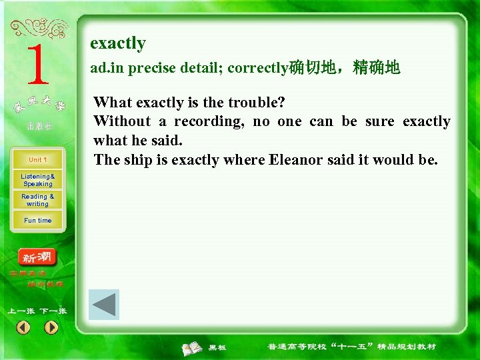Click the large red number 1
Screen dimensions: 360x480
coord(37,65)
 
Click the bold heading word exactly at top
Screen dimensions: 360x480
coord(118,43)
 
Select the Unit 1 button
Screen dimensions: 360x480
coord(37,160)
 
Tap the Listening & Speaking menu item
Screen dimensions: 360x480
coord(37,180)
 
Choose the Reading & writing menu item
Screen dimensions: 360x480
coord(37,200)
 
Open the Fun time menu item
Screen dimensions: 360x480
coord(37,221)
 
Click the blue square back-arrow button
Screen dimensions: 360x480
coord(104,305)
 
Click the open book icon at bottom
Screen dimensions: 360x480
coord(193,347)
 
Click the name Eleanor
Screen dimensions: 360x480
coord(295,160)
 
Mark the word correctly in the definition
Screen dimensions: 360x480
coord(257,68)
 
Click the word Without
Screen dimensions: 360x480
coord(122,121)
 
